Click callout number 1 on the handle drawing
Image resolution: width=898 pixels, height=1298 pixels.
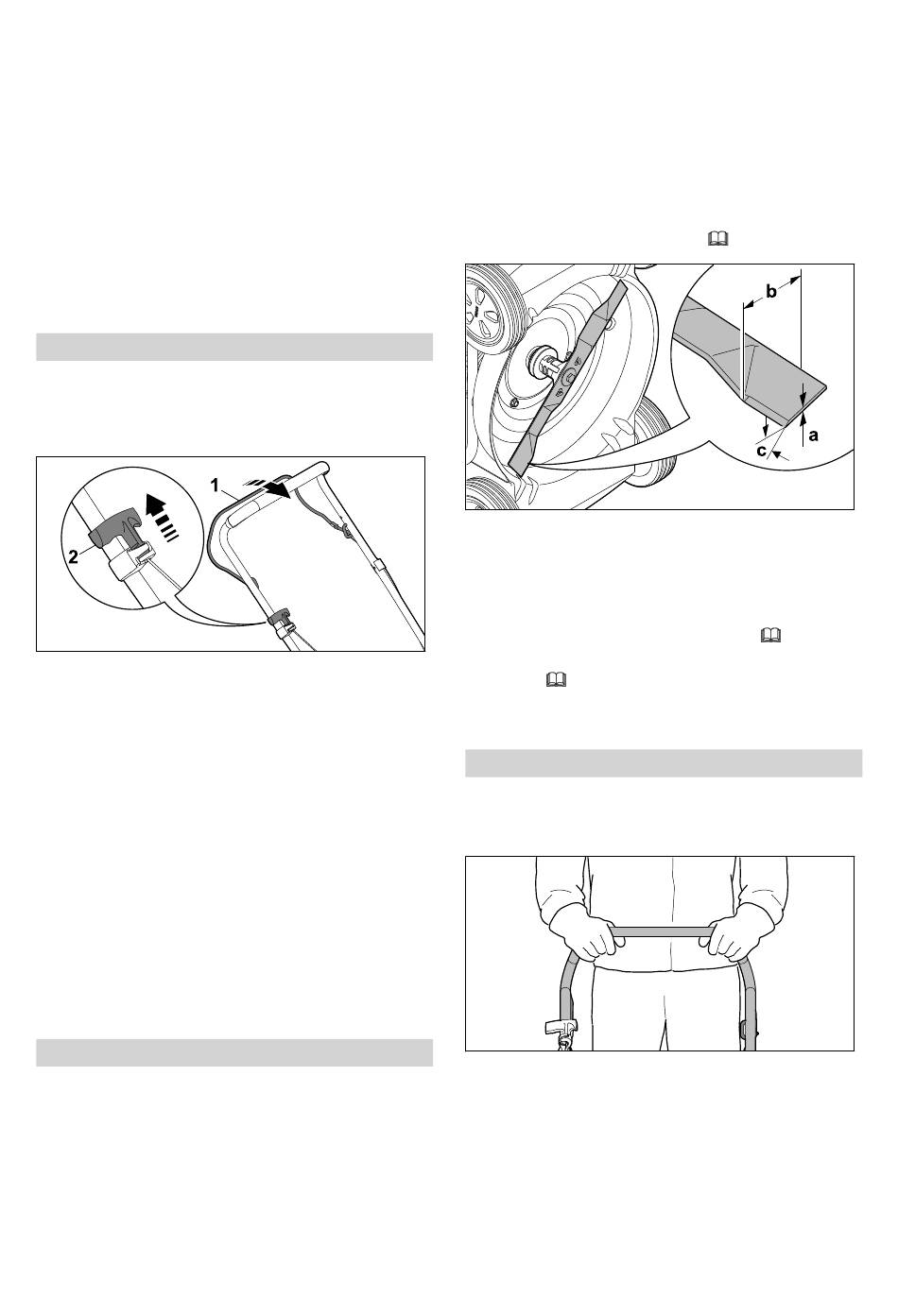[x=216, y=485]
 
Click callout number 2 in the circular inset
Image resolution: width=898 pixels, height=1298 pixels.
[x=74, y=557]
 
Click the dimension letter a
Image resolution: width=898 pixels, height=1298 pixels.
[x=813, y=436]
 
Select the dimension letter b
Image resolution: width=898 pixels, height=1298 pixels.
[x=771, y=292]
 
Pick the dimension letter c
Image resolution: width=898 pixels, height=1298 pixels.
[x=761, y=451]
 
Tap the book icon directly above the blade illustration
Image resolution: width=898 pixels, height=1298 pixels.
[x=717, y=238]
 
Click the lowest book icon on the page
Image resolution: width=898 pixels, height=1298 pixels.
[x=556, y=680]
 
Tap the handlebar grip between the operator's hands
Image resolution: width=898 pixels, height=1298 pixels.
[x=661, y=931]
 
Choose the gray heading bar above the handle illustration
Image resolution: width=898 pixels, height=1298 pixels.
[x=234, y=347]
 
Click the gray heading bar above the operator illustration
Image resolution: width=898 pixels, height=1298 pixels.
[x=664, y=763]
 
